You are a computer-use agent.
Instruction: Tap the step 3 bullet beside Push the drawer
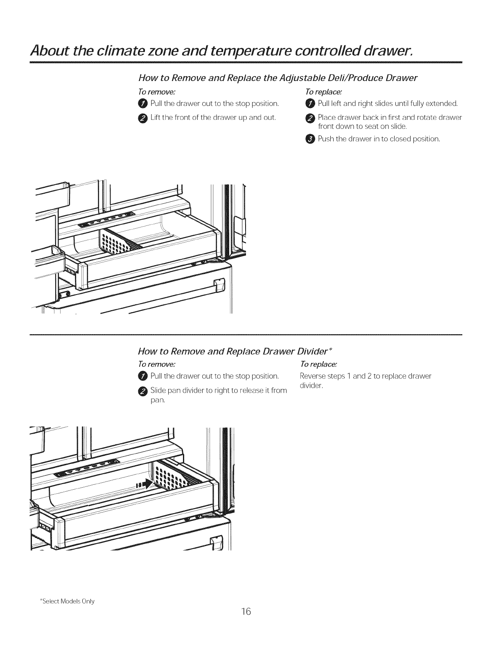click(310, 139)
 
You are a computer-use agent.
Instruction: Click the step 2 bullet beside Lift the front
click(142, 118)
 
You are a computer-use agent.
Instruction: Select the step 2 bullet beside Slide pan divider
click(142, 391)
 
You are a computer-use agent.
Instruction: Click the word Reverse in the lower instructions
click(312, 376)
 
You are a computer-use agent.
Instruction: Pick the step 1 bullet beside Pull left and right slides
click(310, 103)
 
